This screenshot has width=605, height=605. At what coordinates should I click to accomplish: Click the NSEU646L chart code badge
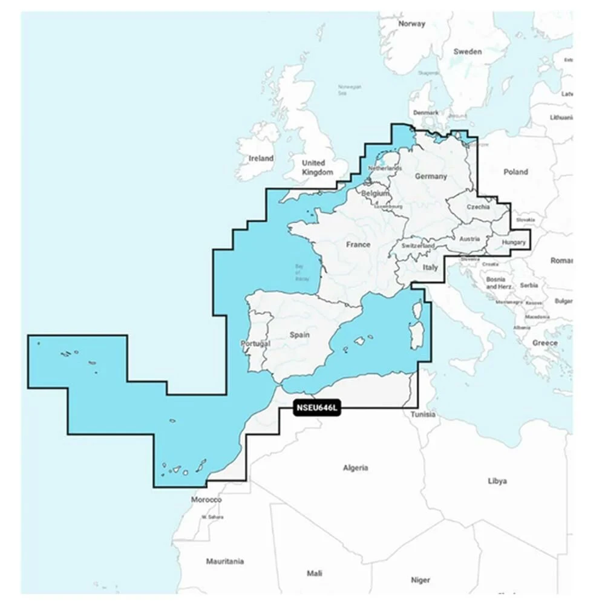pos(318,408)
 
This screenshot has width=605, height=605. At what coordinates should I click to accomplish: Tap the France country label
pos(358,245)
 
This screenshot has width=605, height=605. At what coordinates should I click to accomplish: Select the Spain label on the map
pos(299,335)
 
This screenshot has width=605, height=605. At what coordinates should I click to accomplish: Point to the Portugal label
pos(255,343)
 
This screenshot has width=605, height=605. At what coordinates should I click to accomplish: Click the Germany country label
pos(431,177)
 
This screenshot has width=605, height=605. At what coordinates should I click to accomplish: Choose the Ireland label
pos(261,159)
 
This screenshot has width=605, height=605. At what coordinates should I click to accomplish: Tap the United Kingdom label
pos(317,168)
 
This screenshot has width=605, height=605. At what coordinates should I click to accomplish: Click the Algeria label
pos(355,468)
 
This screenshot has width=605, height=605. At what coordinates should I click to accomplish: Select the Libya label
pos(497,481)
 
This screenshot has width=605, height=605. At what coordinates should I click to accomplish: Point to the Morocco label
pos(206,500)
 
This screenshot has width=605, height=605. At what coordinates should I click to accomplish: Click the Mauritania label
pos(224,561)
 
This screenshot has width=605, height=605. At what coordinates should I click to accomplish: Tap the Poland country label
pos(515,172)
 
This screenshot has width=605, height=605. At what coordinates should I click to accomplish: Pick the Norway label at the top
pos(411,24)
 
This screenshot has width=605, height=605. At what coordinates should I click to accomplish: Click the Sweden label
pos(468,51)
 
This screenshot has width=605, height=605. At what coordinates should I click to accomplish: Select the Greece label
pos(544,343)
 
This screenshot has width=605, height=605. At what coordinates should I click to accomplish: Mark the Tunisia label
pos(423,414)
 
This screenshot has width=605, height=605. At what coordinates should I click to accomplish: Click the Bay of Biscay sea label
pos(302,272)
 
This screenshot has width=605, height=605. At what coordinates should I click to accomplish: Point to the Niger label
pos(420,580)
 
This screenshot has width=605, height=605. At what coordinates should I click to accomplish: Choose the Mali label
pos(315,573)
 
